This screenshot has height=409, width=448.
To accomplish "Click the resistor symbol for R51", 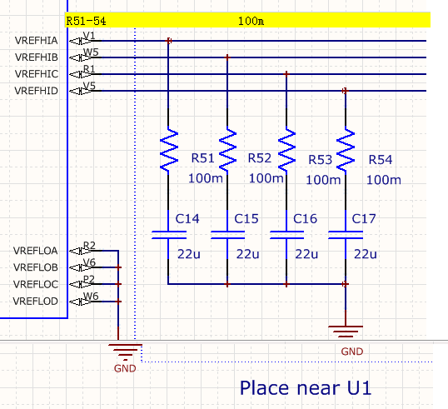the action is coord(168,150).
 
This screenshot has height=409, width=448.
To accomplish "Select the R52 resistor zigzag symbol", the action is coord(227,150).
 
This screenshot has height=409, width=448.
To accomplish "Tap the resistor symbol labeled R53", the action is coord(286,150).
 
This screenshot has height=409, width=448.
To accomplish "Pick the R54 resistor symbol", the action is coord(346,150).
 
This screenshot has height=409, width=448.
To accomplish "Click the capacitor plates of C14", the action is coord(168,235).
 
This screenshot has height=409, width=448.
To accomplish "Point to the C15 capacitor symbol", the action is coord(227,235).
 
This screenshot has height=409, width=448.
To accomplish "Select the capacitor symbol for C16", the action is coord(286,235).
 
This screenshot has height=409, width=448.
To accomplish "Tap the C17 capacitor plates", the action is coord(346,235).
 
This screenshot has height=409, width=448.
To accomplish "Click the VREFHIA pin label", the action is coord(37,41).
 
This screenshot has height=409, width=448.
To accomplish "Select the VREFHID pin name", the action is coord(37,91).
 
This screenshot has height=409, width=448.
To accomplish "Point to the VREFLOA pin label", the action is coord(36,251).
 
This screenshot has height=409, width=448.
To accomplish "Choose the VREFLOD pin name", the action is coord(36,302).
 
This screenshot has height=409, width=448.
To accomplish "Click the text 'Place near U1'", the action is coord(306,388).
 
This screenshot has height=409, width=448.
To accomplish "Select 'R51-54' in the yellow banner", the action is coord(86,21).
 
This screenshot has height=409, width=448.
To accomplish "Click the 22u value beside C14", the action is coord(189,254).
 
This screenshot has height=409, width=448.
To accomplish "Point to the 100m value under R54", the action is coord(384,180).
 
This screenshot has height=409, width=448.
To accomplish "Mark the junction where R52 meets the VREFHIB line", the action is coord(227,57).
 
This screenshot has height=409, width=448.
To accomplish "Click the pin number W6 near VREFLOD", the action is coord(91,296).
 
